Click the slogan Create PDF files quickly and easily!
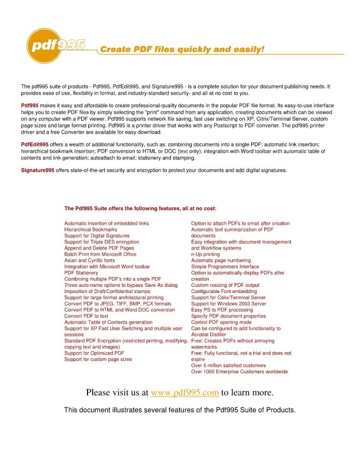click(x=182, y=50)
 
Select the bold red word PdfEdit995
click(x=35, y=144)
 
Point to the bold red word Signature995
click(x=37, y=170)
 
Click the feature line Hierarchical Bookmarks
click(x=91, y=229)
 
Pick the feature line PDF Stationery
click(x=81, y=273)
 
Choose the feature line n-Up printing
click(x=205, y=254)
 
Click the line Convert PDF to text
click(x=86, y=316)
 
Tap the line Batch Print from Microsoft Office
click(x=100, y=254)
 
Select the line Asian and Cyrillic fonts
click(x=90, y=260)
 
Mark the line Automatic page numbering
click(x=221, y=260)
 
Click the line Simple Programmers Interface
click(x=225, y=267)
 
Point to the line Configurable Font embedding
click(x=224, y=292)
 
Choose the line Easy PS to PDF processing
click(x=222, y=310)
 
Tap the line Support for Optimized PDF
click(x=94, y=353)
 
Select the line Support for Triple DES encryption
click(x=102, y=242)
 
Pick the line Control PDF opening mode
click(x=221, y=322)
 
